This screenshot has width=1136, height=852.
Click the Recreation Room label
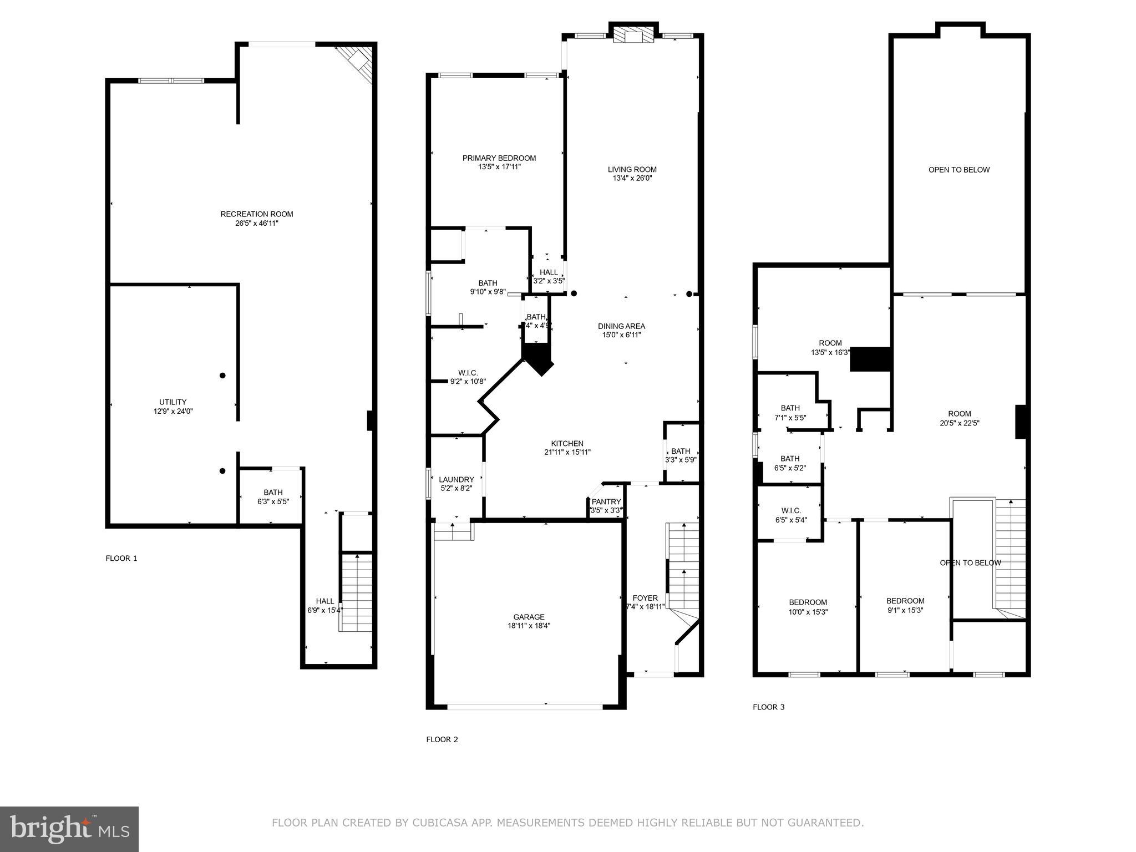(x=256, y=214)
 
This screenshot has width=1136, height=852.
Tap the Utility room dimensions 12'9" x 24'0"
(x=173, y=412)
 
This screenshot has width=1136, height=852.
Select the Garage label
(x=529, y=617)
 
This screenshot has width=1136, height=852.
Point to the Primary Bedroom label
(x=499, y=158)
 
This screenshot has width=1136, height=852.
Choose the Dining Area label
(x=621, y=326)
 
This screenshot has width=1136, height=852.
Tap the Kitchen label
(x=567, y=443)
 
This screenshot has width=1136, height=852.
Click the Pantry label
(x=606, y=502)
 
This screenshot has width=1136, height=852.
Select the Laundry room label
(x=456, y=480)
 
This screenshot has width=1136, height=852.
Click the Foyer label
(x=645, y=598)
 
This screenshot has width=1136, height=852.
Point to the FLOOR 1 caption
(x=121, y=558)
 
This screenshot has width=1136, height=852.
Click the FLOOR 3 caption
(x=768, y=707)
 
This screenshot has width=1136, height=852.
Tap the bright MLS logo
(x=69, y=829)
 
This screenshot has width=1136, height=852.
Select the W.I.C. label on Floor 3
(x=790, y=511)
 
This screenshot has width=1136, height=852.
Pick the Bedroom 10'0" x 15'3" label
(x=808, y=602)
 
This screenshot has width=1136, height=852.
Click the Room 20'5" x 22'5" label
(x=959, y=414)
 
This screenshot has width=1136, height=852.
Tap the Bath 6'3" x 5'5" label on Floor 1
(x=273, y=492)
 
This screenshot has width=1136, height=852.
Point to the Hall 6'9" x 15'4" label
(x=325, y=601)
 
